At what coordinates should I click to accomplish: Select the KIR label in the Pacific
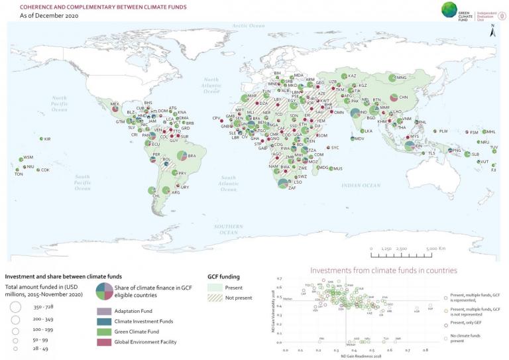(47, 139)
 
